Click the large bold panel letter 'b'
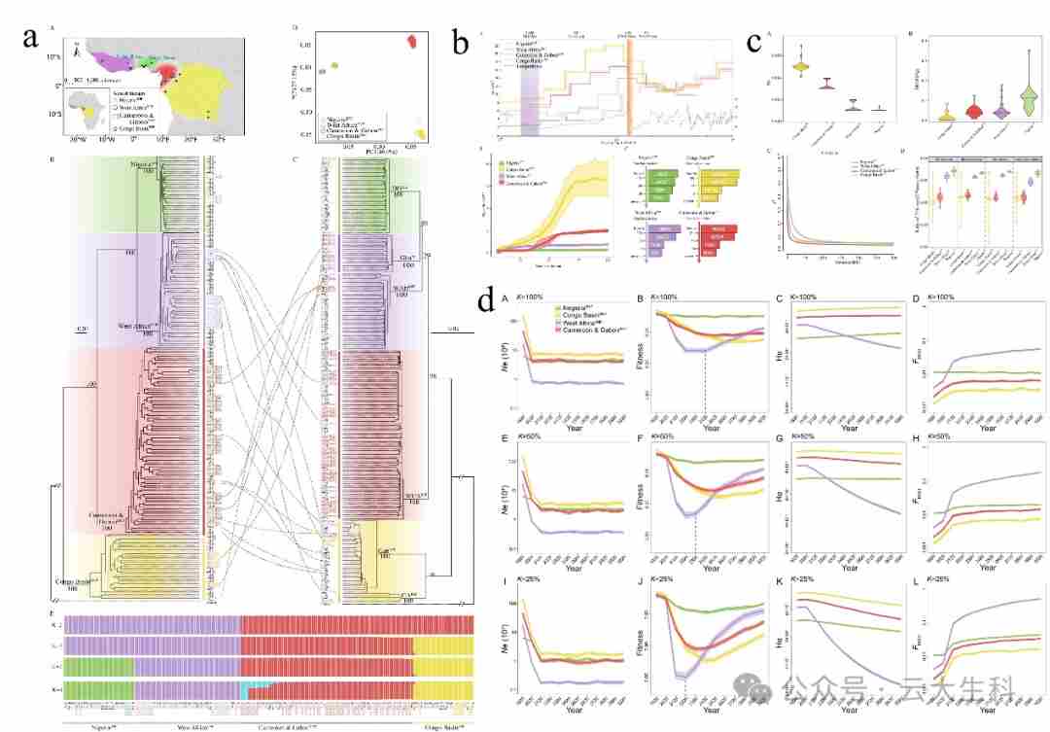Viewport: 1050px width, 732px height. pos(462,42)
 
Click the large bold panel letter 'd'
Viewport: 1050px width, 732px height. pos(486,302)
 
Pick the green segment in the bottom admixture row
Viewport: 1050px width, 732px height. pos(97,687)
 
